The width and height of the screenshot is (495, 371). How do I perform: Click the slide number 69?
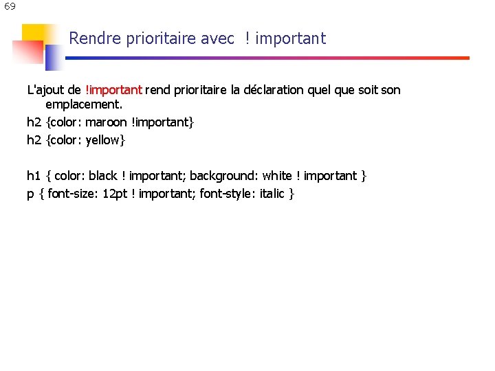pos(10,7)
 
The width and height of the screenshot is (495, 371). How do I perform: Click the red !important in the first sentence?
pos(113,90)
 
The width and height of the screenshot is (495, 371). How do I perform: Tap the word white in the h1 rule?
pos(277,176)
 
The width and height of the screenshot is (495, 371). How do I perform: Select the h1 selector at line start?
pos(34,176)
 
